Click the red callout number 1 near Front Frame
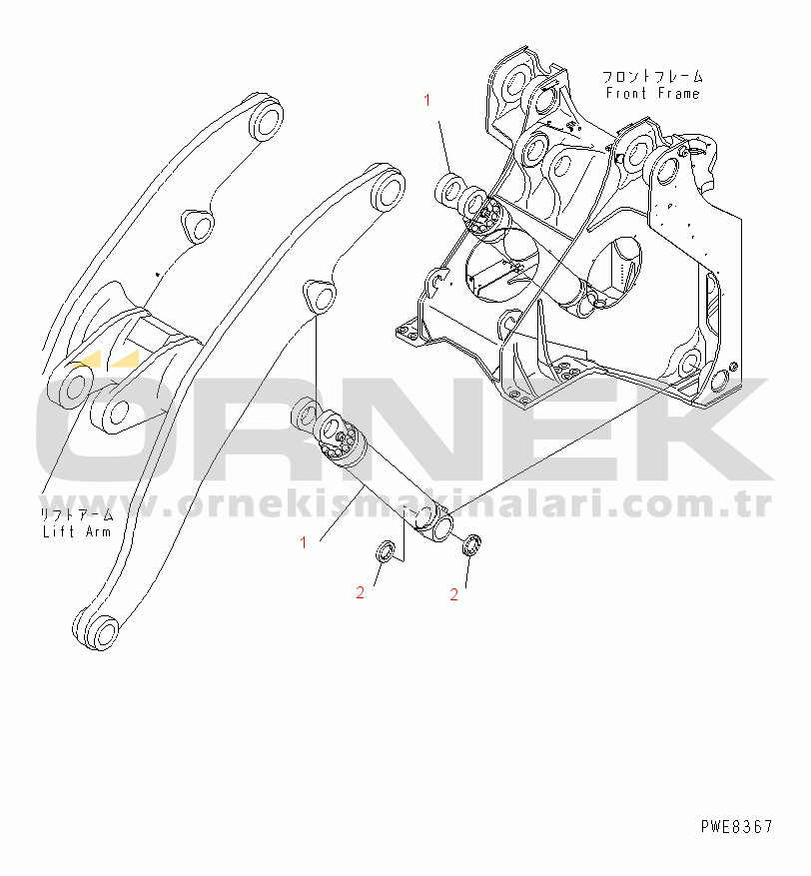pyautogui.click(x=427, y=101)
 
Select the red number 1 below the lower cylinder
pyautogui.click(x=304, y=542)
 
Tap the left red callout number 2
pyautogui.click(x=361, y=592)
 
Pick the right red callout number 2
pyautogui.click(x=454, y=594)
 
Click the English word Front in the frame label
pyautogui.click(x=626, y=93)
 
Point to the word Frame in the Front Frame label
pyautogui.click(x=678, y=93)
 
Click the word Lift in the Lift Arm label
pyautogui.click(x=59, y=531)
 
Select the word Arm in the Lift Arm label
pyautogui.click(x=98, y=531)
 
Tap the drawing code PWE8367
pyautogui.click(x=737, y=826)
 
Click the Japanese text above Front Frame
pyautogui.click(x=652, y=76)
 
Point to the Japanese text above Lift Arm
pyautogui.click(x=77, y=514)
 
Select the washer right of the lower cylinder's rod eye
pyautogui.click(x=472, y=544)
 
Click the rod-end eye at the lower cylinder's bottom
pyautogui.click(x=436, y=525)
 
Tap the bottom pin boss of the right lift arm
pyautogui.click(x=97, y=630)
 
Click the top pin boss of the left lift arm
pyautogui.click(x=266, y=119)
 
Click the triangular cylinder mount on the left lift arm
pyautogui.click(x=198, y=225)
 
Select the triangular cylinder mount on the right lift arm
pyautogui.click(x=320, y=296)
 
